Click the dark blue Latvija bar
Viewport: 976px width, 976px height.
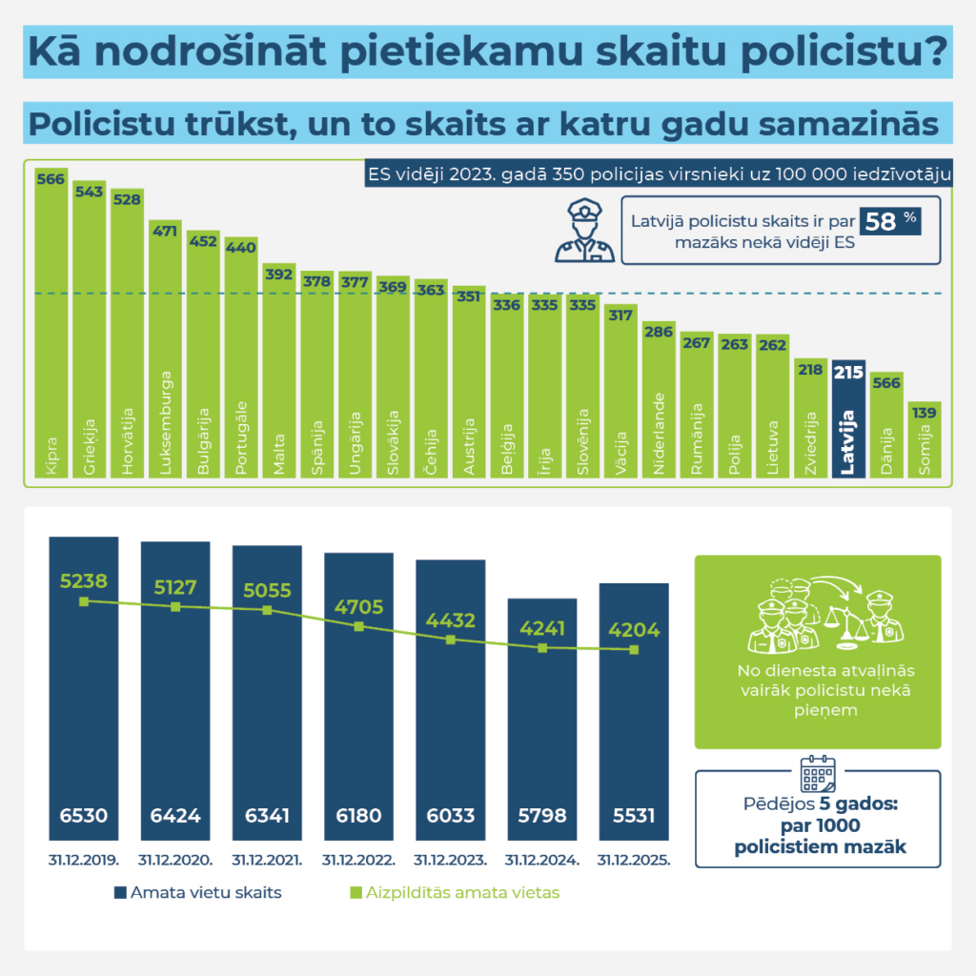848,419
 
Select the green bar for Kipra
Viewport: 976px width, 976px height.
51,324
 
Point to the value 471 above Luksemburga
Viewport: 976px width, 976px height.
165,230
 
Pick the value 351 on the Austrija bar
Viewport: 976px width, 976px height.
469,295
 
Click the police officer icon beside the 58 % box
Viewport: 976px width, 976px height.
584,230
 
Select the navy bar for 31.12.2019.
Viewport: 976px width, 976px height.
84,686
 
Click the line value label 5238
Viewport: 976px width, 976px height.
84,579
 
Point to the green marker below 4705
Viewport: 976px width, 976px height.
358,626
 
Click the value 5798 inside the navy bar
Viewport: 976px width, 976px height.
542,816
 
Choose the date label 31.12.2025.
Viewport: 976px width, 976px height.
634,859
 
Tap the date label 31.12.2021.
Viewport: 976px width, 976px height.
267,859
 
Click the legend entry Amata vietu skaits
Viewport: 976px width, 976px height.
196,893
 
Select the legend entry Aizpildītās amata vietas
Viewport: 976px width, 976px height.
452,893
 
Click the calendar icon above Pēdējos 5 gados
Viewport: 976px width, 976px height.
818,775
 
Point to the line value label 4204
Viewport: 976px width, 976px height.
633,630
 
